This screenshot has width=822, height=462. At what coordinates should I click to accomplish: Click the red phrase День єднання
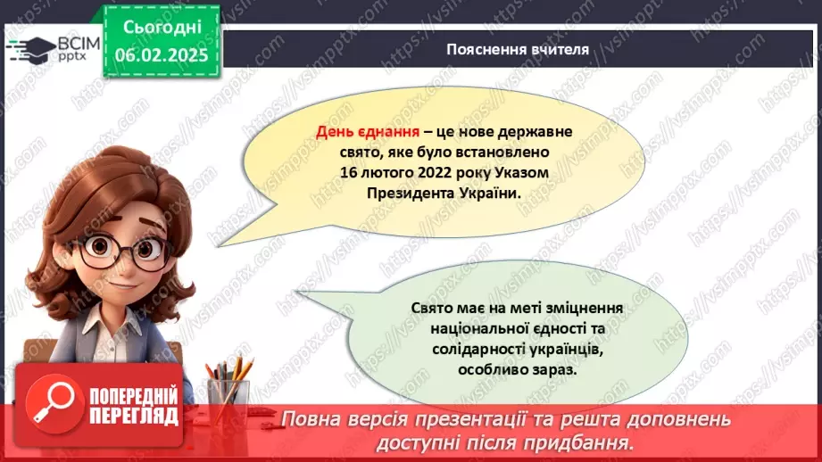353,131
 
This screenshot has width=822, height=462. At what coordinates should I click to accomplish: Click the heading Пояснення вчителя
518,49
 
